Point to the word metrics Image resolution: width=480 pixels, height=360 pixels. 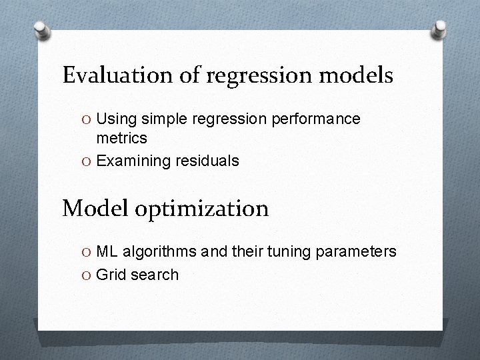(x=122, y=138)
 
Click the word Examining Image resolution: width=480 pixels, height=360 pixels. (x=131, y=161)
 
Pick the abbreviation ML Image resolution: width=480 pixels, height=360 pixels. (x=106, y=251)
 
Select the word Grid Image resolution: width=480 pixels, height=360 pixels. (x=111, y=274)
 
